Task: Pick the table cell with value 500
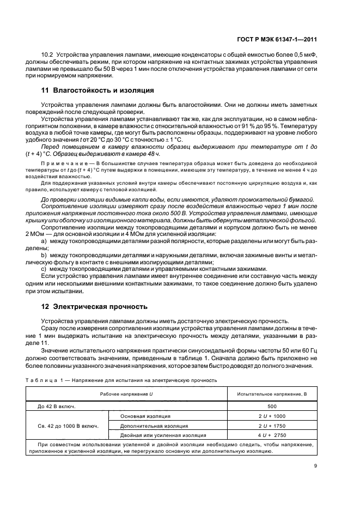tap(272, 406)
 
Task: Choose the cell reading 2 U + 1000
tap(272, 416)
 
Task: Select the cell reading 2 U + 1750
tap(272, 426)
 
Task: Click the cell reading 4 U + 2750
tap(272, 435)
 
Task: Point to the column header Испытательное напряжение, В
tap(272, 393)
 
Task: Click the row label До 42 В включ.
tap(57, 406)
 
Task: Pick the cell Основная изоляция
tap(139, 416)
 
